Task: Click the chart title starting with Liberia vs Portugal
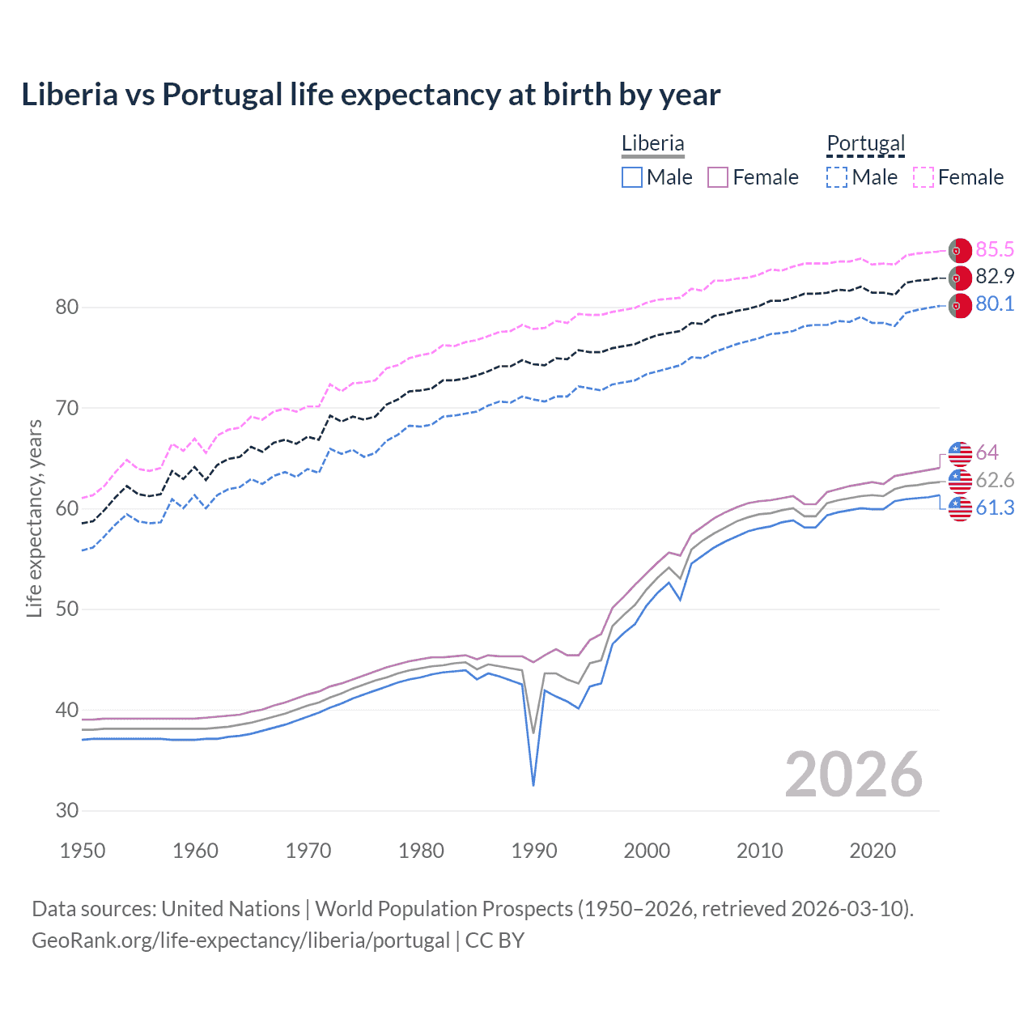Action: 371,95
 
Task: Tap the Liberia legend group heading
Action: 652,143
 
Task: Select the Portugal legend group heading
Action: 865,143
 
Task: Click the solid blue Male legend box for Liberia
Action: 632,177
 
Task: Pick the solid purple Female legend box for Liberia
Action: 718,177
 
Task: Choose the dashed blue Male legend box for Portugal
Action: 837,177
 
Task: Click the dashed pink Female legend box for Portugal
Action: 923,177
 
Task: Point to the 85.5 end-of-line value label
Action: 995,249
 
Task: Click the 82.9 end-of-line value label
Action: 995,277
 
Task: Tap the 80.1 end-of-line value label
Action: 995,304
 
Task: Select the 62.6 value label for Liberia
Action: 995,480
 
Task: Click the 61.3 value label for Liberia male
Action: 995,507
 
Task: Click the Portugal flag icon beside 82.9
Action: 960,278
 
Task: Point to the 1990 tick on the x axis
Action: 534,851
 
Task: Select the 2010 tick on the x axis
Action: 759,851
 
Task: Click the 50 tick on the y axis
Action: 67,609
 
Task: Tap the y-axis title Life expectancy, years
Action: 34,518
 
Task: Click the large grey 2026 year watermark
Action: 853,775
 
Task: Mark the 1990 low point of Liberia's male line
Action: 533,785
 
